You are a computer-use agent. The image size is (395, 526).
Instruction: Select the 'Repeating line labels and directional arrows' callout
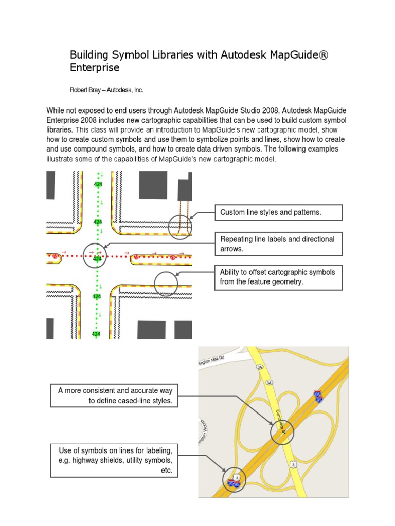278,244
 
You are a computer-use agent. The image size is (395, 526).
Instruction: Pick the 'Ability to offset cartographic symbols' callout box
278,277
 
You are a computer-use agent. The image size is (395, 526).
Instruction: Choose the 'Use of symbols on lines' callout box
114,460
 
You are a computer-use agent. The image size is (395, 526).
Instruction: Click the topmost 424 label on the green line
98,184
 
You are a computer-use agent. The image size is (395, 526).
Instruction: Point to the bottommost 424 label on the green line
96,334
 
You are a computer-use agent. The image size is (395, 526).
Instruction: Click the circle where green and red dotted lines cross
95,256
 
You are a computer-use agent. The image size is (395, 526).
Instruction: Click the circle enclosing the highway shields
235,481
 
